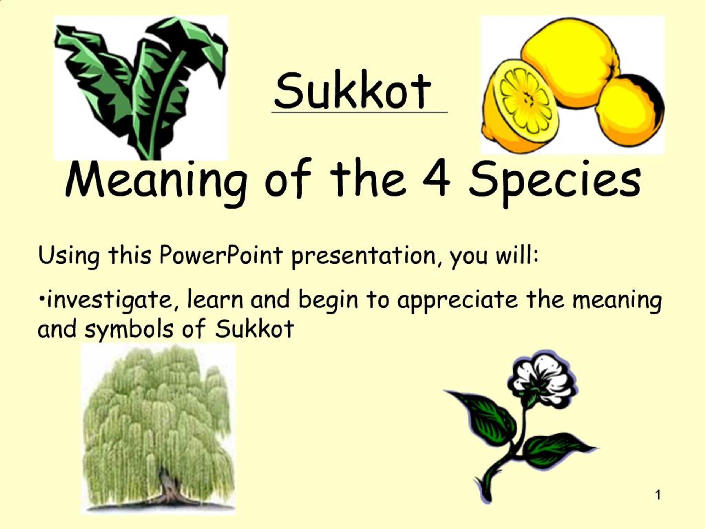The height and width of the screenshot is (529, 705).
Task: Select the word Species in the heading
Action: pos(554,182)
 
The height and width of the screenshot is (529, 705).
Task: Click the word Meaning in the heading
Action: pos(156,182)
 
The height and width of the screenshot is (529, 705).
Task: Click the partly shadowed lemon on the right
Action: pos(630,110)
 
